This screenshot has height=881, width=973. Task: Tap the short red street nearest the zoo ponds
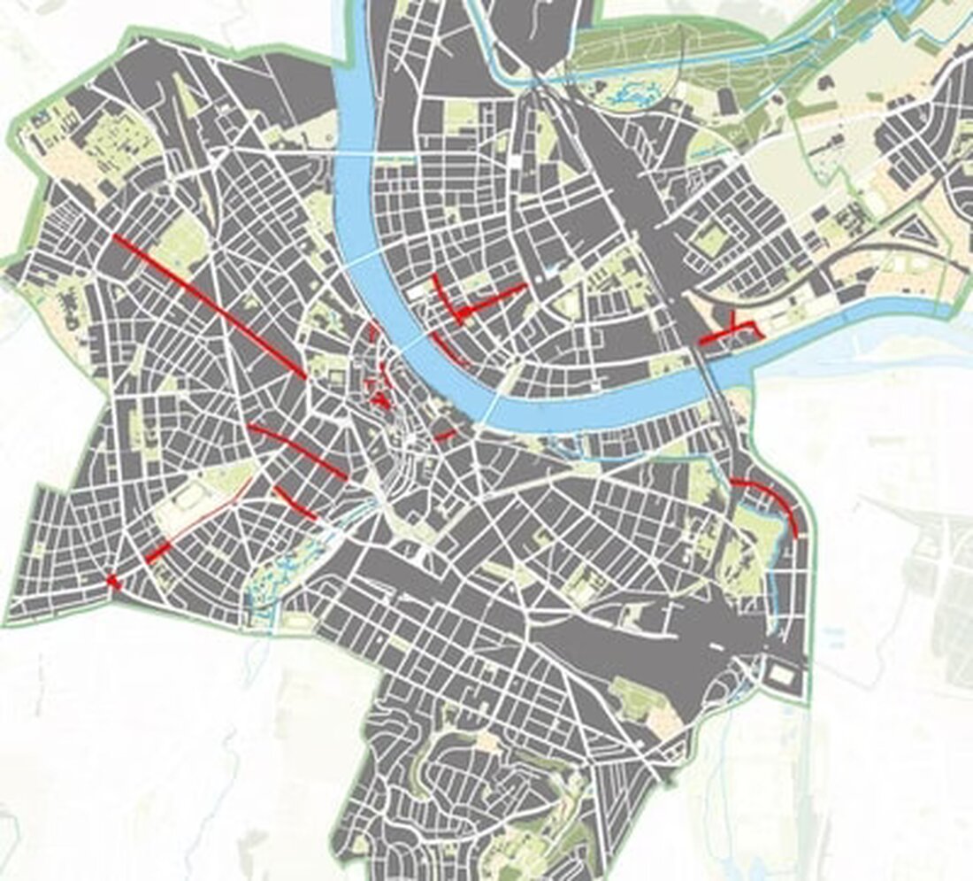[x=295, y=502]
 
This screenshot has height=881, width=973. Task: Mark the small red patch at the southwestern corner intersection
[x=113, y=580]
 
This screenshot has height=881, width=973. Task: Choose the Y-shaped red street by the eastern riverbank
[x=732, y=329]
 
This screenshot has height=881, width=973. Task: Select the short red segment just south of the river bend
[x=446, y=434]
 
